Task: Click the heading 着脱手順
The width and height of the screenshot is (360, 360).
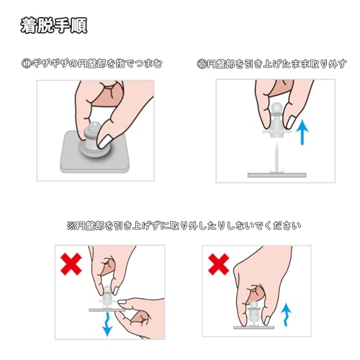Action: (x=54, y=25)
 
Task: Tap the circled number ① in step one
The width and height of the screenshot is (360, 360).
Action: (x=26, y=64)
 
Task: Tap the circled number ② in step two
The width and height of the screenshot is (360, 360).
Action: (x=202, y=64)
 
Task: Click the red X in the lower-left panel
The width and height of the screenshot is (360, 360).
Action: (x=71, y=264)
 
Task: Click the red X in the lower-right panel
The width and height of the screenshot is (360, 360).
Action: (x=219, y=264)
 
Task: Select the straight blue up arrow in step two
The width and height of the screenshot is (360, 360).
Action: (x=302, y=132)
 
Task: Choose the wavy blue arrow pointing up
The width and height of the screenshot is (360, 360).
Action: (x=286, y=315)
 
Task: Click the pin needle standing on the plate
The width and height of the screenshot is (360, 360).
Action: (x=276, y=157)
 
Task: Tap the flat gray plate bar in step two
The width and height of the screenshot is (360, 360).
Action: (x=276, y=175)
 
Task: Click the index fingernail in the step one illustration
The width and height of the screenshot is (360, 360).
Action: (x=105, y=142)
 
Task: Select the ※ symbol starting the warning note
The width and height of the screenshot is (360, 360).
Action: (x=71, y=226)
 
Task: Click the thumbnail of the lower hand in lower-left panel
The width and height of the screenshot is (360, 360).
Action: (x=122, y=302)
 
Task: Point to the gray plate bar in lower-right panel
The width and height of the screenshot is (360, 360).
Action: (x=254, y=328)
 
